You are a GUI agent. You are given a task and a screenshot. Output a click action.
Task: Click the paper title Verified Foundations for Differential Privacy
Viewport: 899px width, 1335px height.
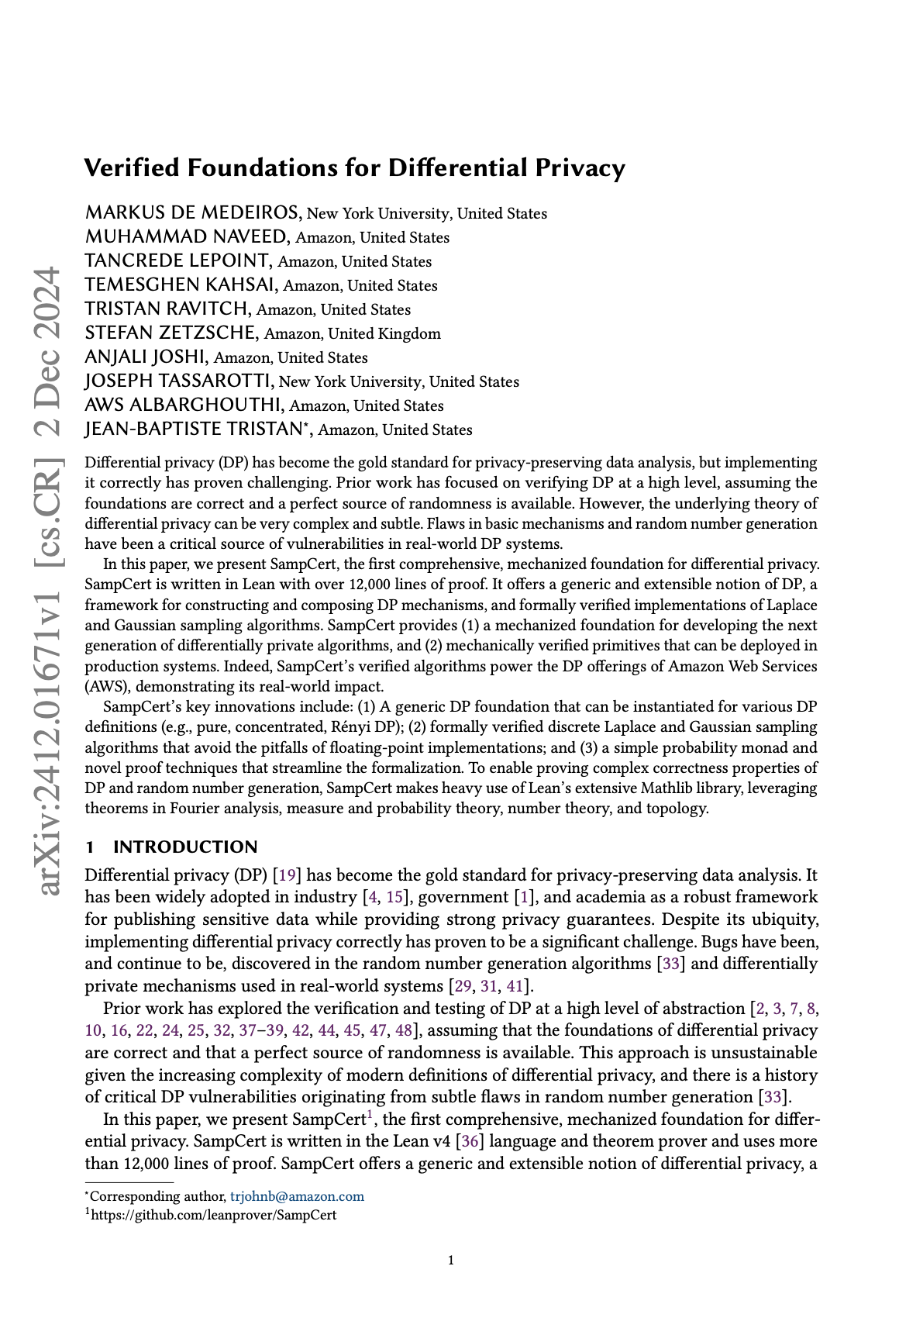(354, 167)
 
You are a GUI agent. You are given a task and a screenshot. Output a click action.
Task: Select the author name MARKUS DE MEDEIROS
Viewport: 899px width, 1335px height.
(192, 213)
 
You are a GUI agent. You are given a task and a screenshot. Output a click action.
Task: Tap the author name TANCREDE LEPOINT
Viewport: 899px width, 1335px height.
(177, 261)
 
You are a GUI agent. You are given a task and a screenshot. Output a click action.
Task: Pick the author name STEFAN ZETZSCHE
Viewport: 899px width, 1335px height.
(170, 333)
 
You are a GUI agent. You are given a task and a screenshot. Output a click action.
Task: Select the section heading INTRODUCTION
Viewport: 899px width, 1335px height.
(185, 847)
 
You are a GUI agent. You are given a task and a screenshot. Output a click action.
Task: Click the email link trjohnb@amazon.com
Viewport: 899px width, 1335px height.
(297, 1196)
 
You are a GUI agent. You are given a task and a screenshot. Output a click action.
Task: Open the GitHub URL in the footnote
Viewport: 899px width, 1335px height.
(213, 1215)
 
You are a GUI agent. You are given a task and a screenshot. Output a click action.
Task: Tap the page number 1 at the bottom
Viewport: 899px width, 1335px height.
(451, 1261)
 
